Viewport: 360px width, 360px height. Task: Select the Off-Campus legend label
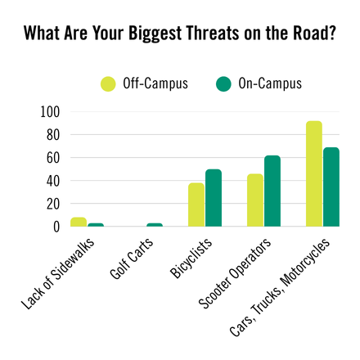click(x=155, y=83)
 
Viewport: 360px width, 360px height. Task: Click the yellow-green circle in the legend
click(x=108, y=83)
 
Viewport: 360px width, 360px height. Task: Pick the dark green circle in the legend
click(x=223, y=83)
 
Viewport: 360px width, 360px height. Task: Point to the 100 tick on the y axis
click(x=50, y=111)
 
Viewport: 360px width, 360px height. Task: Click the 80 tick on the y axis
click(x=53, y=134)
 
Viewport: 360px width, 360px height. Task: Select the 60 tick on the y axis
click(x=53, y=157)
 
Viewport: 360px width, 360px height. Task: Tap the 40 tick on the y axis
click(x=53, y=180)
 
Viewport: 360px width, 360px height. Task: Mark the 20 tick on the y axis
click(x=53, y=204)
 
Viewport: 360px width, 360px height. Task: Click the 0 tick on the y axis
click(x=56, y=227)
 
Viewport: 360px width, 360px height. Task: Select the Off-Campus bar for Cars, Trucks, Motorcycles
click(x=314, y=173)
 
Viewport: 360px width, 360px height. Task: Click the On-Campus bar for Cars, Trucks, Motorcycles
click(x=331, y=187)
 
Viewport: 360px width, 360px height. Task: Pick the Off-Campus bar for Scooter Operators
click(x=255, y=200)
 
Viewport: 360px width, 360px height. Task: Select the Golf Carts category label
click(x=135, y=262)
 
